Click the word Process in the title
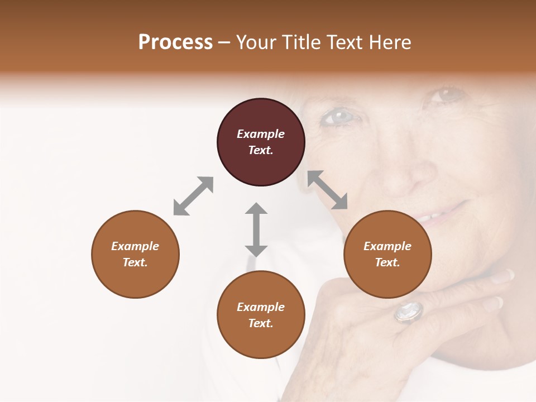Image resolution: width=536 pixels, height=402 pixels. (175, 42)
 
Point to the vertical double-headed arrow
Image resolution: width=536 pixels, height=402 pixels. (256, 229)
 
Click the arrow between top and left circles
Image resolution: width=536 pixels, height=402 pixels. (193, 196)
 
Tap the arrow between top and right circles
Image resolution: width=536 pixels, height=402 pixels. (328, 190)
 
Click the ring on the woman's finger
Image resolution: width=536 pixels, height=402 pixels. (409, 312)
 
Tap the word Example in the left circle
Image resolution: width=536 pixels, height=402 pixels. (135, 246)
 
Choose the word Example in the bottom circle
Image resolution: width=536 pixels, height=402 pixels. (261, 307)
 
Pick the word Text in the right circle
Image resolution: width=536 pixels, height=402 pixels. (387, 262)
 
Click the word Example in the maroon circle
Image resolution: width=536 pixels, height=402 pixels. (261, 134)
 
